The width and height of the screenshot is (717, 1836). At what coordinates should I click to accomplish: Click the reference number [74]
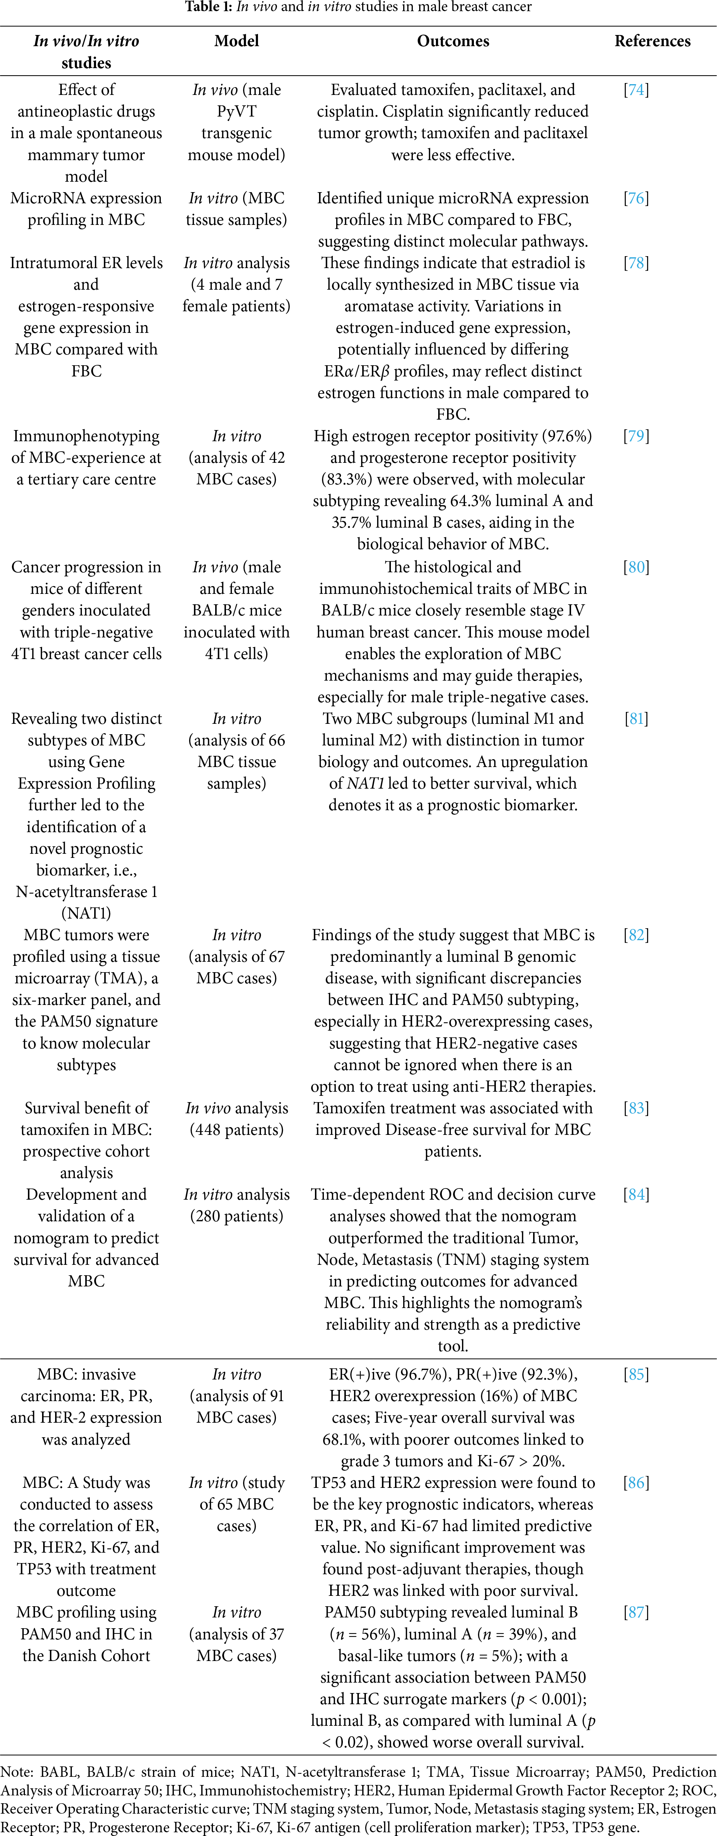tap(636, 90)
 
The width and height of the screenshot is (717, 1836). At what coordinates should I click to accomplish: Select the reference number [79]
tap(636, 436)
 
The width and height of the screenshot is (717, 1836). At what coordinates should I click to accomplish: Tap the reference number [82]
tap(636, 935)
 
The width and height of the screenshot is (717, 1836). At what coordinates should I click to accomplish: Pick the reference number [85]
tap(636, 1374)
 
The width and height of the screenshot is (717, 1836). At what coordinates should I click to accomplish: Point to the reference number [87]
tap(636, 1612)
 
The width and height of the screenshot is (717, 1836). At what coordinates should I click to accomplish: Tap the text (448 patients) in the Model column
tap(237, 1130)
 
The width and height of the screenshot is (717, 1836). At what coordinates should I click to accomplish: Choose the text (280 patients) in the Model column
tap(237, 1216)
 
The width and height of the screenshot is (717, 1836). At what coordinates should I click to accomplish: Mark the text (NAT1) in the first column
tap(86, 913)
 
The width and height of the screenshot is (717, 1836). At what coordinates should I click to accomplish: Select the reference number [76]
tap(636, 198)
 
